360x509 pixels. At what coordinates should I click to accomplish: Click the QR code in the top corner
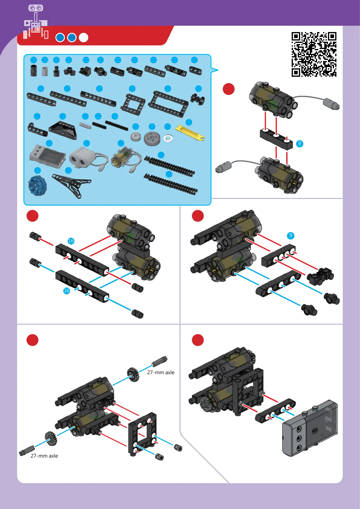coord(314,54)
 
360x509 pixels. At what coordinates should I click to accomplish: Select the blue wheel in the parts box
coord(37,185)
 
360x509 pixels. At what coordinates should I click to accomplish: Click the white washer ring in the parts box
coord(168,138)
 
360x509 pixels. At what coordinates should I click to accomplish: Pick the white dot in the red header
coord(83,37)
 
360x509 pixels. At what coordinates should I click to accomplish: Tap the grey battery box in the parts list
coord(48,156)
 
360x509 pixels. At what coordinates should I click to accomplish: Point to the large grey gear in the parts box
coord(152,139)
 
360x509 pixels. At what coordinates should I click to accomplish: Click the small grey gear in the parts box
coord(136,137)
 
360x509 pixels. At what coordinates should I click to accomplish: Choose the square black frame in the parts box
coord(133,104)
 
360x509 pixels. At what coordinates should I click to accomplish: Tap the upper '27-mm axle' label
coord(161,372)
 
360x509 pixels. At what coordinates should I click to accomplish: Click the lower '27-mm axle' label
coord(44,456)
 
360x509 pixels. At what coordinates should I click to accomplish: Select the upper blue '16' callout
coord(71,241)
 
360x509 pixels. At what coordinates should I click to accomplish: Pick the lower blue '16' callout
coord(66,290)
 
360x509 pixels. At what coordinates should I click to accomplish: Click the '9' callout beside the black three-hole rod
coord(300,144)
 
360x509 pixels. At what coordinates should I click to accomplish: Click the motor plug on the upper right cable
coord(332,103)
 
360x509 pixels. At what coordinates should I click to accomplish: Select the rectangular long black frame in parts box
coord(168,103)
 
